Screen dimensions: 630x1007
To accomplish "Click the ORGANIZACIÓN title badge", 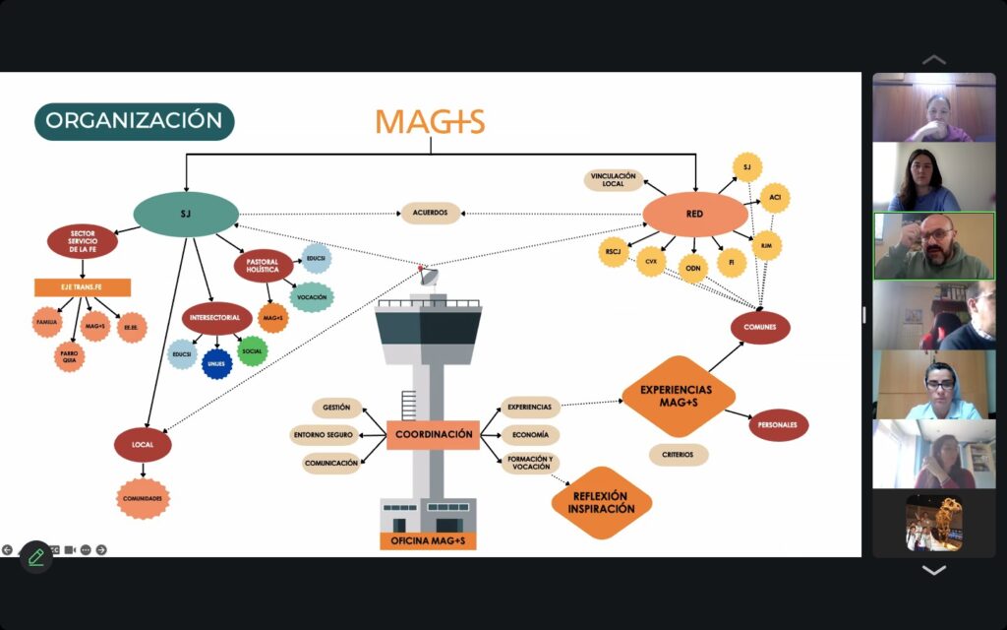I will click(x=135, y=121).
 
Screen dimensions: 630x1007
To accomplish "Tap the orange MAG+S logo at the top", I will click(x=430, y=121).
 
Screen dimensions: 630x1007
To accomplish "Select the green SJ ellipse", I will click(x=186, y=214).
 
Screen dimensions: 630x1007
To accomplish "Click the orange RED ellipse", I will click(x=694, y=214).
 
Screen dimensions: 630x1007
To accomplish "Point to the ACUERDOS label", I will click(x=431, y=213).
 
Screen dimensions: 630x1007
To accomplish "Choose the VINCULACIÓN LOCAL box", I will click(x=614, y=180).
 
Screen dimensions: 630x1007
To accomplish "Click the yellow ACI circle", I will click(x=775, y=198).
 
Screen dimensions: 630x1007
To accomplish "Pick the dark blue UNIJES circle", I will click(x=216, y=363).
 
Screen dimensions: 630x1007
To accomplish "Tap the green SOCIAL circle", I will click(x=253, y=349).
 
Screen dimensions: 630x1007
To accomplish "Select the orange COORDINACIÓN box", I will click(x=433, y=434).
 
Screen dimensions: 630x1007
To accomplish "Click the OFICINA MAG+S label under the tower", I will click(x=428, y=540).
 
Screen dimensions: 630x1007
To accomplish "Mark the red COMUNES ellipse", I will click(x=760, y=328).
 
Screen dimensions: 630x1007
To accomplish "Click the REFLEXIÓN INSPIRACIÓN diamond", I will click(x=602, y=502).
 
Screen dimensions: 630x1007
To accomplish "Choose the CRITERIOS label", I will click(x=679, y=455).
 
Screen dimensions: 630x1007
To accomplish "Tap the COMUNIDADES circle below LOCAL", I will click(x=144, y=499).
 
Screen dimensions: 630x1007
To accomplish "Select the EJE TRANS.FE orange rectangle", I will click(x=83, y=287).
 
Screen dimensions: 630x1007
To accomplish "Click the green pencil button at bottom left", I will click(x=36, y=557).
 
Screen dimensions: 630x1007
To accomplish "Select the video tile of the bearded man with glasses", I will click(x=933, y=246).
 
